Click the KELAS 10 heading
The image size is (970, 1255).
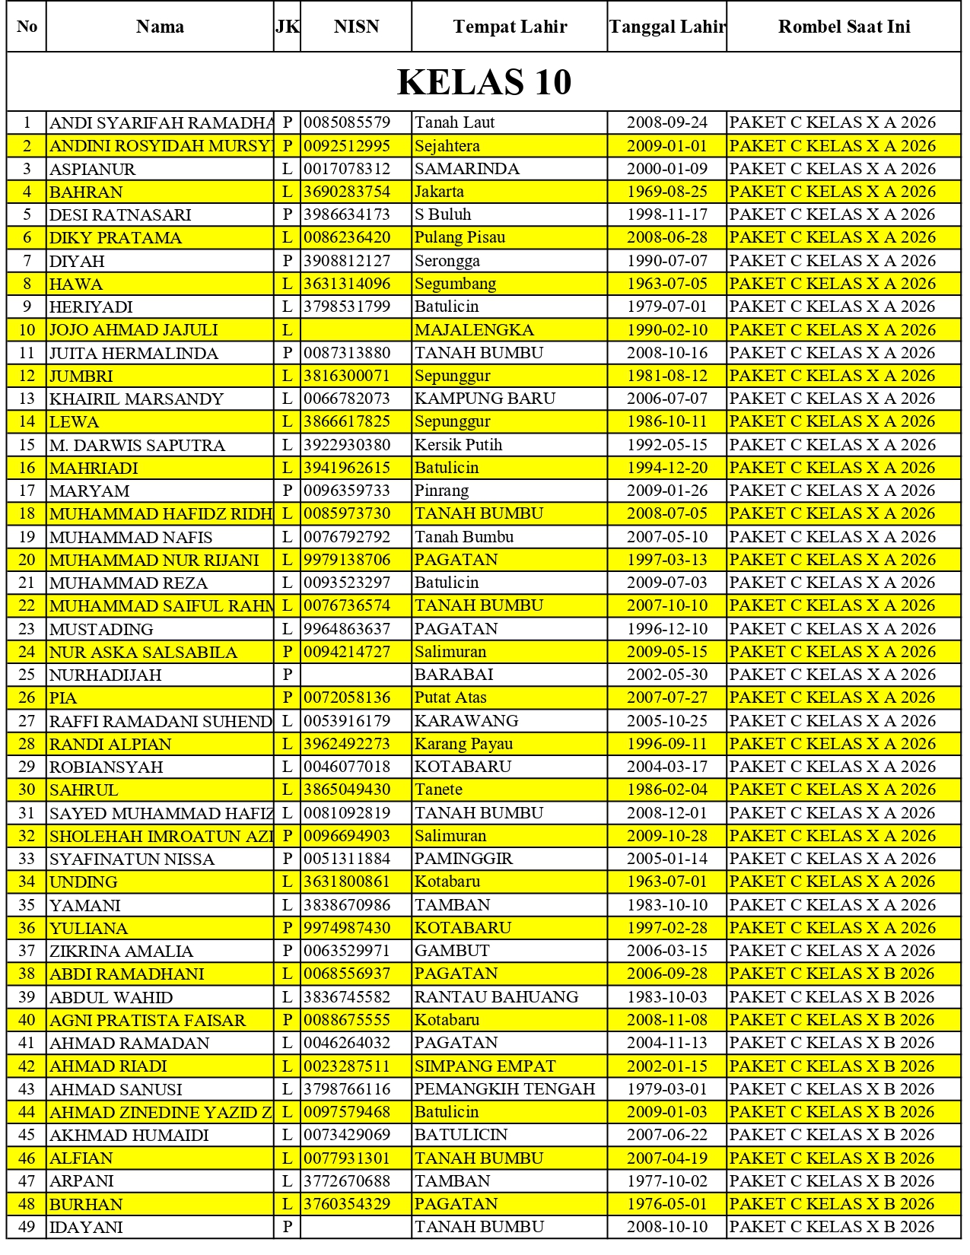coord(484,82)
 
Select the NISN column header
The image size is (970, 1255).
coord(356,27)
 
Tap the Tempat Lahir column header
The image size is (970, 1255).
coord(510,27)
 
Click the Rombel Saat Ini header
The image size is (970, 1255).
coord(844,27)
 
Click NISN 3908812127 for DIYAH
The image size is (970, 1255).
coord(347,261)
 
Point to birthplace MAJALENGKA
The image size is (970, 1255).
coord(474,330)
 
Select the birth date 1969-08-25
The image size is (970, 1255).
coord(666,192)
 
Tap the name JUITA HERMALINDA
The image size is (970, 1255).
coord(134,353)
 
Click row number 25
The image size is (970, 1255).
coord(27,675)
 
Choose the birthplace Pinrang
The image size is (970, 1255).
coord(442,491)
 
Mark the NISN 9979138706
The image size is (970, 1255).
coord(347,560)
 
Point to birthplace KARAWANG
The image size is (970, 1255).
coord(466,720)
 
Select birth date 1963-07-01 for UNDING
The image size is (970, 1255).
coord(666,882)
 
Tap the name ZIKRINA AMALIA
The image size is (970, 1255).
coord(121,951)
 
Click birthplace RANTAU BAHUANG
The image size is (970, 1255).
coord(496,996)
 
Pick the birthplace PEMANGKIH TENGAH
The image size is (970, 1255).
coord(504,1088)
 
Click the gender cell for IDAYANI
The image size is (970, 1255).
coord(287,1227)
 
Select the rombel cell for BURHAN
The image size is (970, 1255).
coord(832,1204)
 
